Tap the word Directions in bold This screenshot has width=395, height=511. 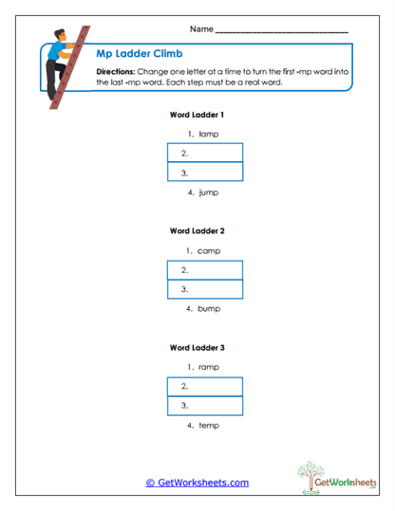(x=116, y=72)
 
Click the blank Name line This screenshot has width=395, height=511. (x=282, y=30)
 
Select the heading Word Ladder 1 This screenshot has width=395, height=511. (x=197, y=115)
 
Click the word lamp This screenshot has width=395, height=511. (x=208, y=134)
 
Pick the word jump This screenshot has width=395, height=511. (x=209, y=192)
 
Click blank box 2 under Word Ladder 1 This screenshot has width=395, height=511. (x=204, y=153)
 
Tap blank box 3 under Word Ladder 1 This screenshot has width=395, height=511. (x=204, y=173)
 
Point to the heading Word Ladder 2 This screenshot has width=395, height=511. (x=197, y=231)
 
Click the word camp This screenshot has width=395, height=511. (x=208, y=250)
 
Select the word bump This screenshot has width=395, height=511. (x=208, y=308)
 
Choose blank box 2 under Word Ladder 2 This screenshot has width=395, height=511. (x=204, y=269)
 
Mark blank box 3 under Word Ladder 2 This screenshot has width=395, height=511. (x=204, y=289)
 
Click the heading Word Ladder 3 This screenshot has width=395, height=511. (x=197, y=348)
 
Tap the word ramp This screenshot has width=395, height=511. (x=208, y=367)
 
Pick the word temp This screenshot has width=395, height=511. (x=208, y=425)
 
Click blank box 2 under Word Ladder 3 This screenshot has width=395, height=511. (x=204, y=386)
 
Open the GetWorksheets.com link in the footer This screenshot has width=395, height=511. (x=197, y=483)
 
